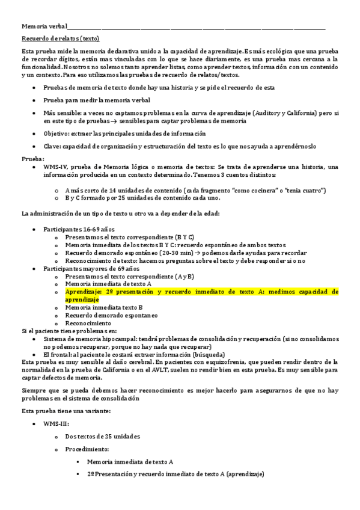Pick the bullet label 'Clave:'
point(52,146)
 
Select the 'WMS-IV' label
point(53,167)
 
